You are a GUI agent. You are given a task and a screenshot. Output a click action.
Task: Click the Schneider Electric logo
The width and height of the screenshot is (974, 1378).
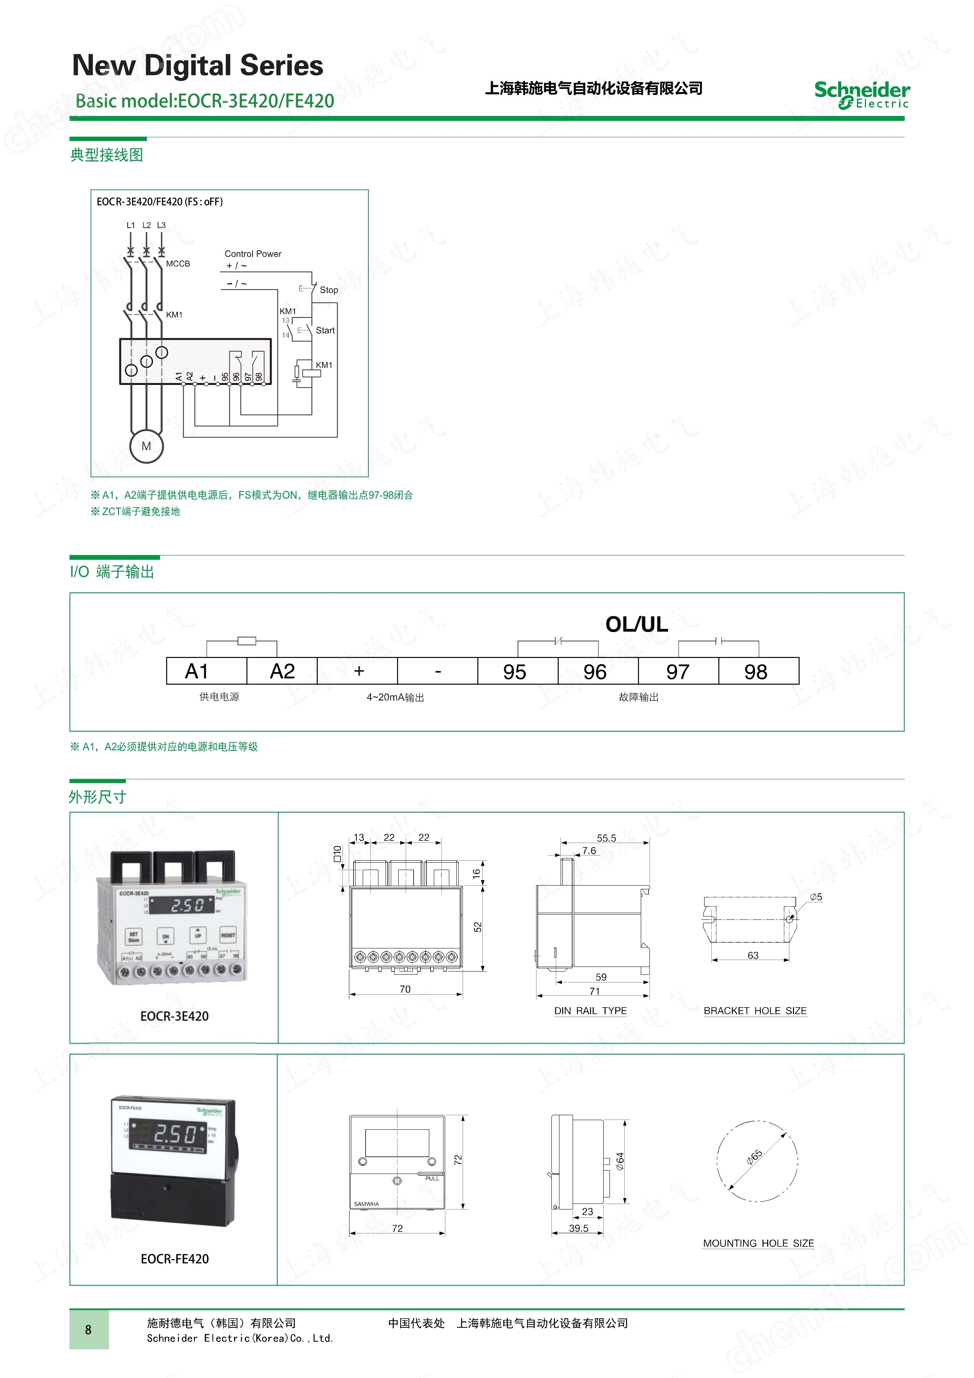(x=861, y=95)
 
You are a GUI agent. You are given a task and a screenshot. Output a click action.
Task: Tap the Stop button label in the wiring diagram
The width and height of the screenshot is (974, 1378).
(x=329, y=290)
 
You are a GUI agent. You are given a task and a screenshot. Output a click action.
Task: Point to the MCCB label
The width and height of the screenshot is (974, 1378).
(x=178, y=264)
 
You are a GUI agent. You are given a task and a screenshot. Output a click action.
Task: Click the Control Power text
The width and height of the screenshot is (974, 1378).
(x=253, y=254)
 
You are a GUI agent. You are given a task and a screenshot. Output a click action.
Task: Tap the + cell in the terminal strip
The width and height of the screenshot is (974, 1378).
(x=359, y=671)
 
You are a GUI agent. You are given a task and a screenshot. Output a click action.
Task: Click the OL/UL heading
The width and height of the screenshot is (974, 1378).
(x=636, y=624)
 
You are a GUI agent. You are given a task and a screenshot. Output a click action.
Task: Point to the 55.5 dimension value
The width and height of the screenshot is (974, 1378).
(x=606, y=838)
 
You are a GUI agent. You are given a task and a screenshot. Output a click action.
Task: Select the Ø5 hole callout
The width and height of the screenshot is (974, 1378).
(x=816, y=897)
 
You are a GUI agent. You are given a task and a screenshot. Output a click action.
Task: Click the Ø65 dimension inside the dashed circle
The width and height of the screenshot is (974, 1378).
(x=754, y=1157)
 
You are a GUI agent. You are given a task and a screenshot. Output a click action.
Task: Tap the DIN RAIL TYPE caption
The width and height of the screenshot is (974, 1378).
(x=591, y=1011)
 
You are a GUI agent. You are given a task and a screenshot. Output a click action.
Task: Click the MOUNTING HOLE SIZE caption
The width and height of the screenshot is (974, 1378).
(x=758, y=1243)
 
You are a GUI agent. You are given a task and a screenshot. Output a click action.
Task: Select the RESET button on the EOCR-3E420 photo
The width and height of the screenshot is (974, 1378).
(x=228, y=935)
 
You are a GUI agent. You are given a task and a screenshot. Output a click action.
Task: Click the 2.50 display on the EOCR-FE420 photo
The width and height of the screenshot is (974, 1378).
(x=175, y=1133)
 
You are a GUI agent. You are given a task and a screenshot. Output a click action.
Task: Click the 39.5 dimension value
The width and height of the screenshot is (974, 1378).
(x=579, y=1228)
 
